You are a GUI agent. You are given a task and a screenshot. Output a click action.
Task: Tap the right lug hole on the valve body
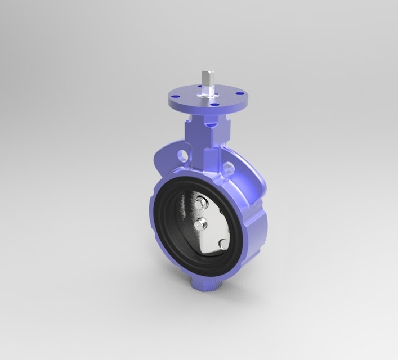[x=229, y=167]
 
